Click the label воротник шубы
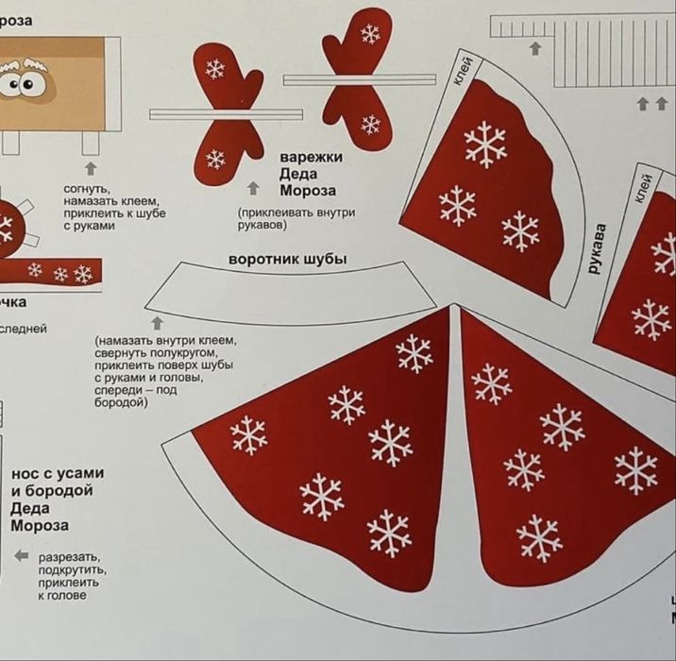click(x=287, y=259)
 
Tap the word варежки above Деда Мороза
click(x=312, y=157)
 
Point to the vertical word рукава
click(x=596, y=247)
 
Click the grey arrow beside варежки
click(x=253, y=188)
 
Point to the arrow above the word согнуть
click(x=91, y=168)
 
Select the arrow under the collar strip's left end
click(x=158, y=323)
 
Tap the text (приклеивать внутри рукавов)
click(x=296, y=219)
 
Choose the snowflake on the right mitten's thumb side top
click(x=370, y=35)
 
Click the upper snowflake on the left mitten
click(x=216, y=69)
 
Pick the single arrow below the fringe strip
click(x=535, y=48)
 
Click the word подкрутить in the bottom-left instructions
click(x=72, y=570)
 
